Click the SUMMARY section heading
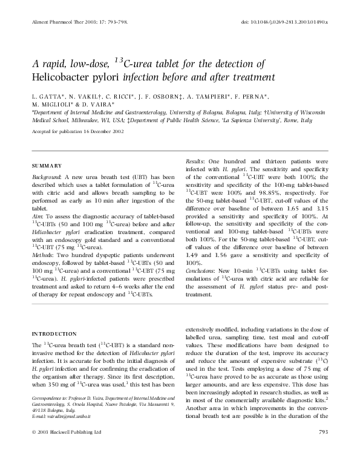(x=46, y=166)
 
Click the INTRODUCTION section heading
(x=54, y=333)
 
